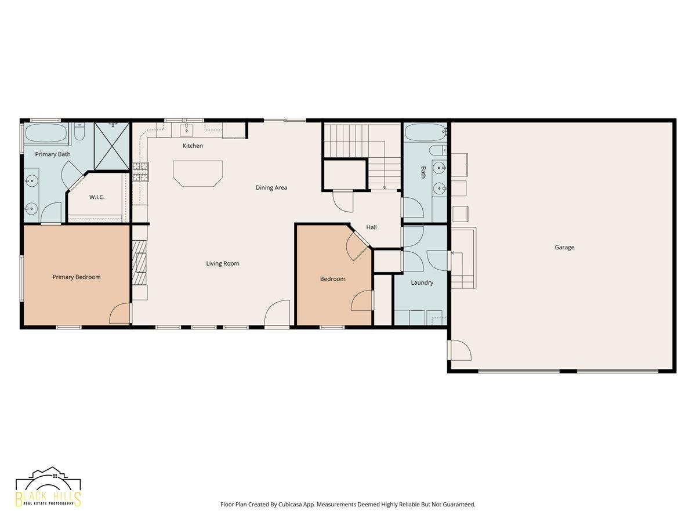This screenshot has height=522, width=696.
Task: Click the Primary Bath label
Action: click(x=53, y=154)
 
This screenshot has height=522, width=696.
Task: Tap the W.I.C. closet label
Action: click(x=97, y=197)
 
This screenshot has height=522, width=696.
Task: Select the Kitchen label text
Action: click(x=193, y=146)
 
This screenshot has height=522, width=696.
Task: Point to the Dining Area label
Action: click(x=271, y=187)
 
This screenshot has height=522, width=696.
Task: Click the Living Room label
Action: click(x=223, y=263)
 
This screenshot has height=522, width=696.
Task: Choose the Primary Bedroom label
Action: click(x=77, y=277)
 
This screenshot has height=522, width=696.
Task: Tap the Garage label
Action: click(x=564, y=247)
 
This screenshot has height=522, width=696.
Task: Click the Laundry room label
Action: click(x=422, y=282)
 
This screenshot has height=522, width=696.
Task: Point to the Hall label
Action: click(x=371, y=227)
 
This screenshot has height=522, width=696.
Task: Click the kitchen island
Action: click(x=198, y=173)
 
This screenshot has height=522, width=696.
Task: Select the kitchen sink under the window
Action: click(x=186, y=129)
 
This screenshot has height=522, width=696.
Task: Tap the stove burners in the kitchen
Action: click(x=140, y=172)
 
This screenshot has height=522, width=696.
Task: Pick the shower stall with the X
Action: click(x=113, y=147)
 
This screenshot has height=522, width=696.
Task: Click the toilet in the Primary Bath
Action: click(x=79, y=132)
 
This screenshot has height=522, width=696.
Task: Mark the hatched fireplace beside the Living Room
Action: click(x=140, y=262)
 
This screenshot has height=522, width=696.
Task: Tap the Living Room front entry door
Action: click(x=277, y=313)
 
